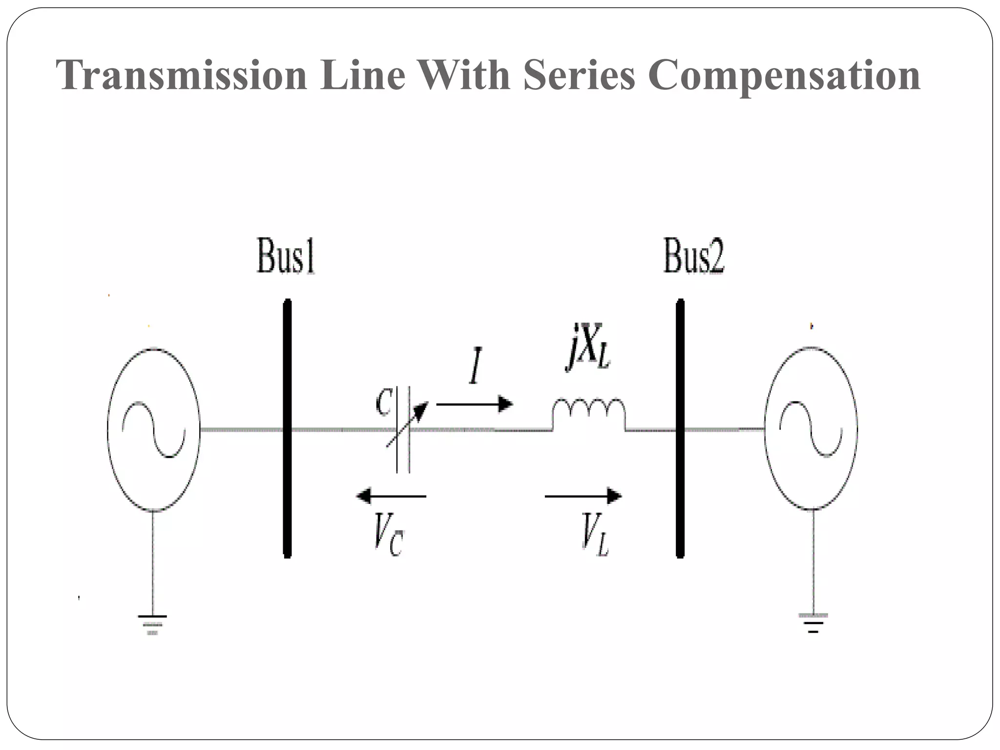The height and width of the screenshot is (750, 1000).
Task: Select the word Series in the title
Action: (579, 75)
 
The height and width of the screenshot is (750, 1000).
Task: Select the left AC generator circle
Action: (153, 430)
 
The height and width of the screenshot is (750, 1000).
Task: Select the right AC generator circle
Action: (811, 429)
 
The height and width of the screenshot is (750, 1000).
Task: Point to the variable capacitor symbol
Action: (403, 430)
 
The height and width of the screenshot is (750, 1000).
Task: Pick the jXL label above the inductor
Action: (589, 347)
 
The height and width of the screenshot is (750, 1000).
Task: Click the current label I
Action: (475, 366)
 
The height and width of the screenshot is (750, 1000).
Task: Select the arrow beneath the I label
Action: (474, 404)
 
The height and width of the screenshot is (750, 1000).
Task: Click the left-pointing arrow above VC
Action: (391, 496)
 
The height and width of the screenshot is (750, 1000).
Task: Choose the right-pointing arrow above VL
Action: (583, 496)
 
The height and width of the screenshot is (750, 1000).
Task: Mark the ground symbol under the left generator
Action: (152, 624)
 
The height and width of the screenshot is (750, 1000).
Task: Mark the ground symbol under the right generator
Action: (812, 623)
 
